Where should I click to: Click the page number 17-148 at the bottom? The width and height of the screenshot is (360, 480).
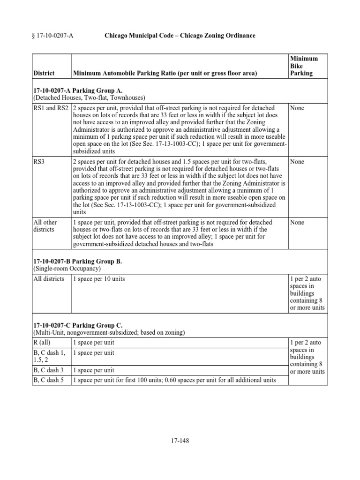(x=180, y=440)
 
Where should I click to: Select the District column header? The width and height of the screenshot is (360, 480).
(x=44, y=73)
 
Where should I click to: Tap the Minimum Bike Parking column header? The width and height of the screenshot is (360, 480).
(x=304, y=66)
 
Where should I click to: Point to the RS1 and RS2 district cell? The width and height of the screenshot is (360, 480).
(x=51, y=108)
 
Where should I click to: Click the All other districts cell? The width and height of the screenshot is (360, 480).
(x=44, y=226)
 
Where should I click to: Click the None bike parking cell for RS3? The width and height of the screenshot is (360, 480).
(x=297, y=162)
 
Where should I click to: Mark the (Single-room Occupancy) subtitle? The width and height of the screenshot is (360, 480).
(x=67, y=269)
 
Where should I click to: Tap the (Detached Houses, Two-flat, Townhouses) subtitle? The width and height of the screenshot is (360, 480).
(x=89, y=97)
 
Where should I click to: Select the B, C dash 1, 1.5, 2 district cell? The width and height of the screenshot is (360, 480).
(x=49, y=357)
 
